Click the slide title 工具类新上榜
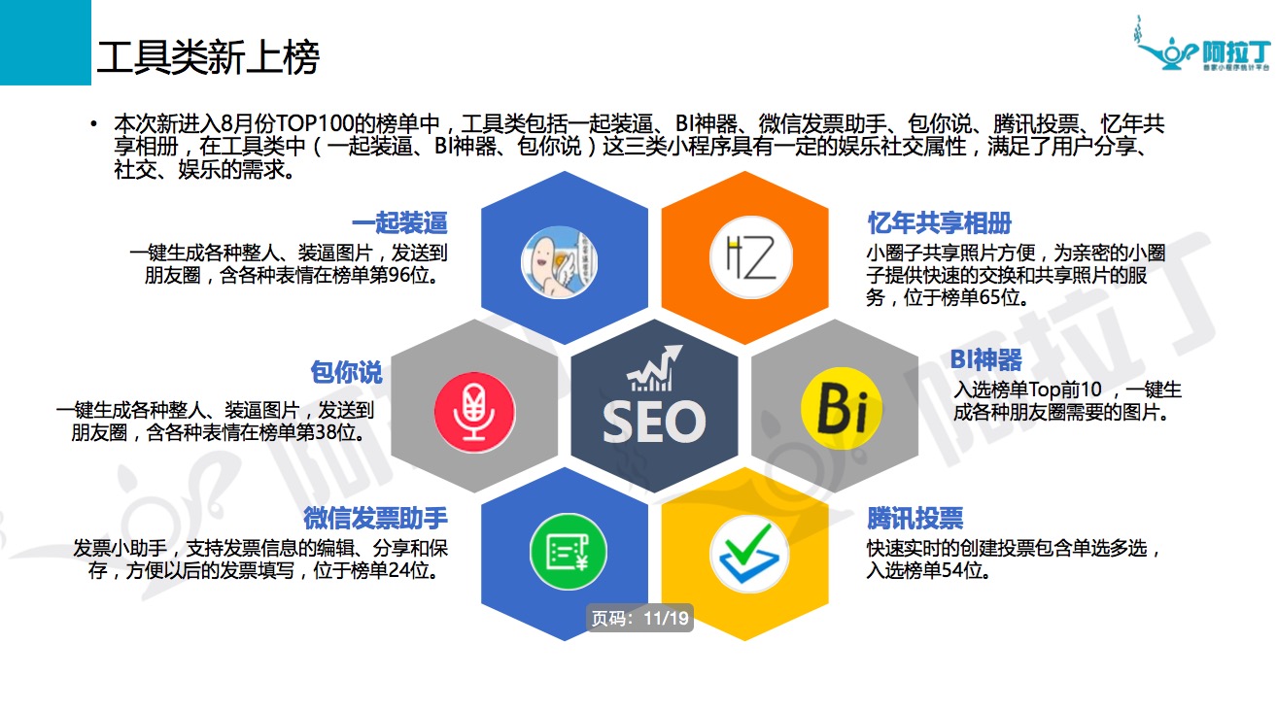[x=208, y=57]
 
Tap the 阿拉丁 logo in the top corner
[x=1203, y=45]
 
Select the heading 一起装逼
[x=399, y=222]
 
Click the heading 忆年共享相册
[x=940, y=222]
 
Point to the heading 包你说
[x=347, y=373]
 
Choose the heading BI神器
[x=986, y=360]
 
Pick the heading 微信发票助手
[x=376, y=519]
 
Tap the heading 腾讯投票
[x=915, y=519]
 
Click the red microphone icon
[x=474, y=412]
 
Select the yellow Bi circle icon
[x=842, y=408]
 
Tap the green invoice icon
[x=569, y=552]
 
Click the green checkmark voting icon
[x=749, y=554]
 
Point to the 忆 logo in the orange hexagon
[x=751, y=257]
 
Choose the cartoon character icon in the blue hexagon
[x=560, y=262]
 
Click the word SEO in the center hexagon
[x=654, y=422]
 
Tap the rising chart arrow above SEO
[x=654, y=368]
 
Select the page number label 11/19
[x=639, y=618]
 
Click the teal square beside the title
[x=46, y=43]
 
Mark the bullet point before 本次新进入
[x=94, y=123]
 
